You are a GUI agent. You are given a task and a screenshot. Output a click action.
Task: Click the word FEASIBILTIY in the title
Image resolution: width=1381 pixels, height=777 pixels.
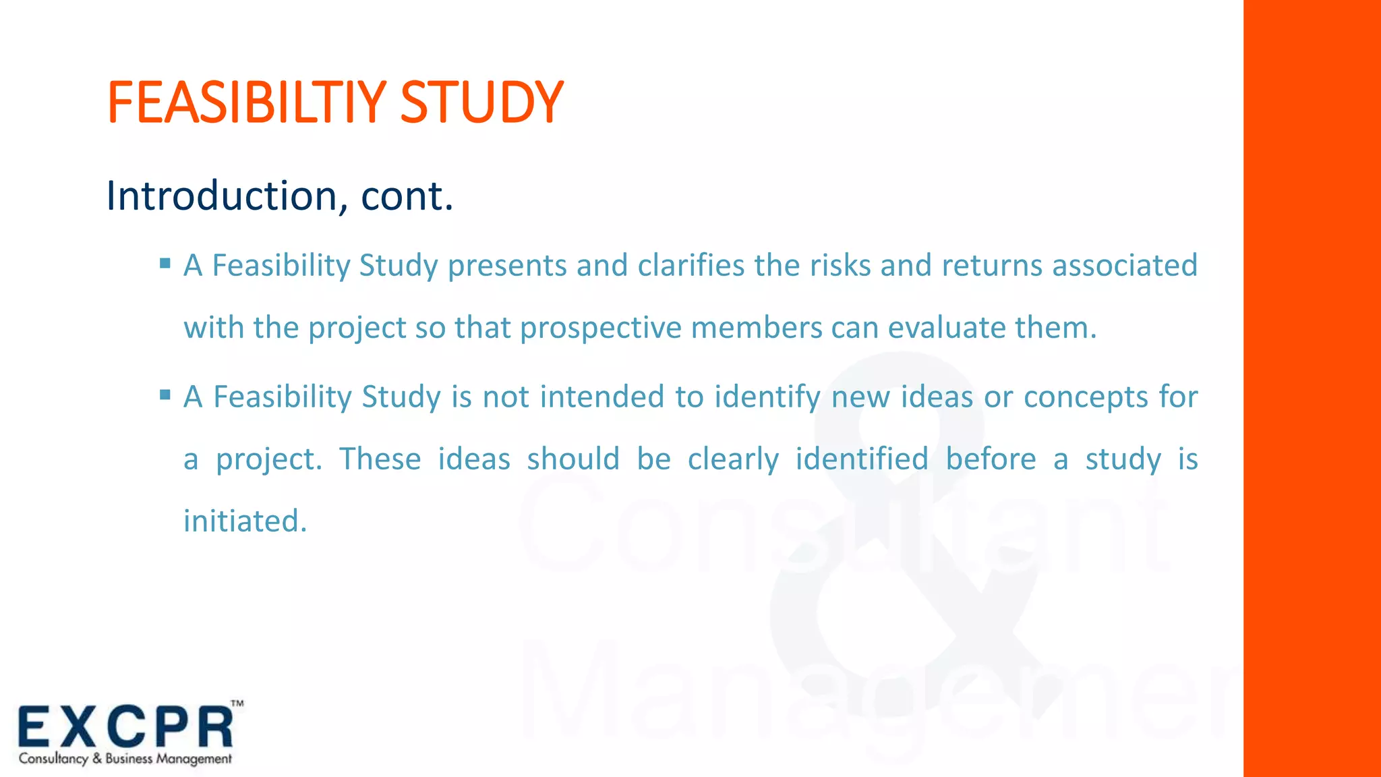(x=247, y=103)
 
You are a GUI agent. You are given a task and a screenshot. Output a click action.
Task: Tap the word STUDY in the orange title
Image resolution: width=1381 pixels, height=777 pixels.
(x=481, y=103)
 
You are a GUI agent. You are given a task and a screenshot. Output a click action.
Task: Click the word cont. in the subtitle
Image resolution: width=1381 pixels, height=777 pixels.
(x=407, y=196)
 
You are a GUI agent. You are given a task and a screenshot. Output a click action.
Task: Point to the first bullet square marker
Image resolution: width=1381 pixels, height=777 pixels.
(x=165, y=263)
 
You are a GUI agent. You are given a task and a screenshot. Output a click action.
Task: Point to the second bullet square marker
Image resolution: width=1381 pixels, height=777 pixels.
(x=165, y=394)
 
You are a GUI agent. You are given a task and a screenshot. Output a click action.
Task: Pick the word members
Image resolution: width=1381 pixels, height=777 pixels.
(x=757, y=328)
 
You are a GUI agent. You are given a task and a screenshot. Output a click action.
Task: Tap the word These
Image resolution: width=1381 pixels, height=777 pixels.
(x=380, y=459)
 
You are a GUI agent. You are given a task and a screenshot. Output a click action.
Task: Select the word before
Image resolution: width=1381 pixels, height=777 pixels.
(x=991, y=459)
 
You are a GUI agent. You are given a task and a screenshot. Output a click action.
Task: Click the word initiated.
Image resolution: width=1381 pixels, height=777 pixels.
(x=245, y=521)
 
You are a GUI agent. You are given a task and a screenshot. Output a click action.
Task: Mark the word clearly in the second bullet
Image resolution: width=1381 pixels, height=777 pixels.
(x=733, y=459)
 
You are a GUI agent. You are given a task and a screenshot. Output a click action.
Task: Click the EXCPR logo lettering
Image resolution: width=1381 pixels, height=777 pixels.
(x=125, y=727)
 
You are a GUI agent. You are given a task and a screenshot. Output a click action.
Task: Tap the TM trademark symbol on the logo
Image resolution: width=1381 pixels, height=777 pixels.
(x=237, y=703)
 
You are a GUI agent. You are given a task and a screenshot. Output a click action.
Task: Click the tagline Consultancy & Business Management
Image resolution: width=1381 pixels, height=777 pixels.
(x=125, y=759)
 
